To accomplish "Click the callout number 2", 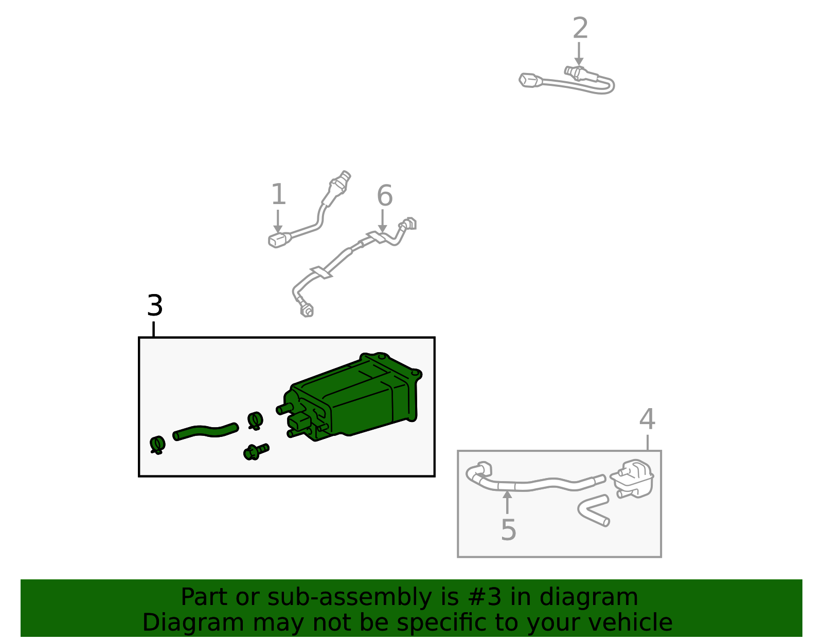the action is pyautogui.click(x=580, y=28).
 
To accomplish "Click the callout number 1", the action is pyautogui.click(x=278, y=194).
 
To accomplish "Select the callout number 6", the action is pyautogui.click(x=385, y=195).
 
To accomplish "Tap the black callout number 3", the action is pyautogui.click(x=155, y=305).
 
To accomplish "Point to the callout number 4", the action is pyautogui.click(x=647, y=419).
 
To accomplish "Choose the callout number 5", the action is pyautogui.click(x=508, y=529).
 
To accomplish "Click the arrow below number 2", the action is pyautogui.click(x=578, y=54).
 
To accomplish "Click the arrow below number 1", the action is pyautogui.click(x=278, y=222).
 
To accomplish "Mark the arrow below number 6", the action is pyautogui.click(x=383, y=221).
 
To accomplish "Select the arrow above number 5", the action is pyautogui.click(x=507, y=502).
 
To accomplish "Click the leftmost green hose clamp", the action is pyautogui.click(x=157, y=445).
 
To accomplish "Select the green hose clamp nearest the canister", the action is pyautogui.click(x=255, y=420).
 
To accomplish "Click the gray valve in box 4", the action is pyautogui.click(x=633, y=478).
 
